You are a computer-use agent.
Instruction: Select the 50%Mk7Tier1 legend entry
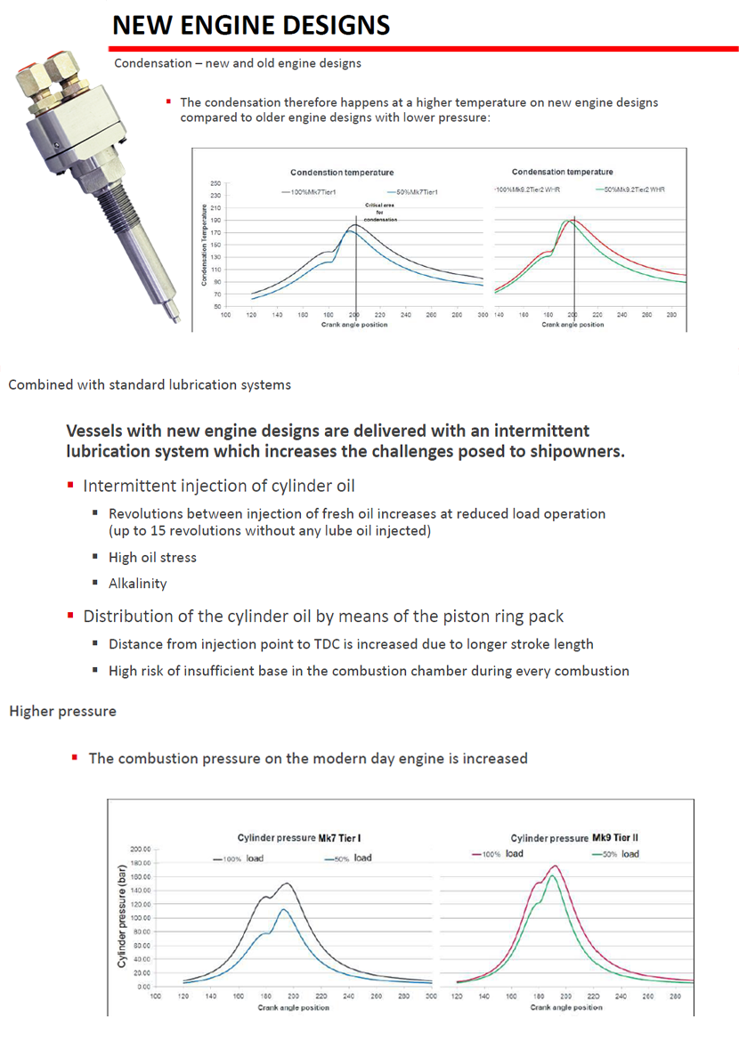pyautogui.click(x=410, y=191)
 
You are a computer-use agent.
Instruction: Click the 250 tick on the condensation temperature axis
pyautogui.click(x=215, y=182)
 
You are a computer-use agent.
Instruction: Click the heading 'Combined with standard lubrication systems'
pyautogui.click(x=149, y=385)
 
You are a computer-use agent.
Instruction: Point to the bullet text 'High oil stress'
pyautogui.click(x=152, y=557)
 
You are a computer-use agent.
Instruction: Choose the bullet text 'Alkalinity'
pyautogui.click(x=138, y=584)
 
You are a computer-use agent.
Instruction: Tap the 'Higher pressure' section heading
pyautogui.click(x=62, y=711)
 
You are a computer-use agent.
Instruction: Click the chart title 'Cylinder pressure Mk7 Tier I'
pyautogui.click(x=305, y=838)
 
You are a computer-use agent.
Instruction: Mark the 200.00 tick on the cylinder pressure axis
pyautogui.click(x=139, y=849)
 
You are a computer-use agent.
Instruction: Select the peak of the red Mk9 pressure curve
pyautogui.click(x=556, y=866)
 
